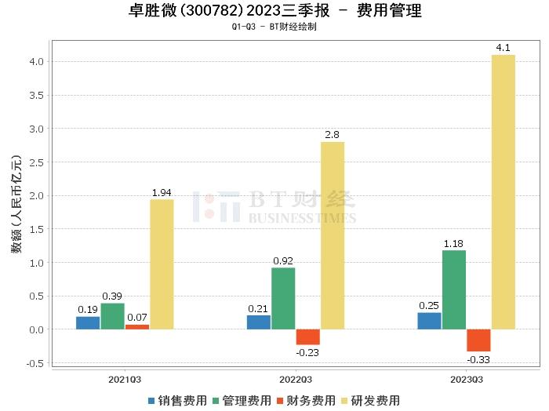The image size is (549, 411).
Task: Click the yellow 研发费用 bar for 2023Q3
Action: (x=503, y=192)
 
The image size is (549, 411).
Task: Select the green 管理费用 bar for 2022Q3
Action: (x=283, y=299)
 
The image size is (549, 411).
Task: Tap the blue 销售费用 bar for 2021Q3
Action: (x=88, y=323)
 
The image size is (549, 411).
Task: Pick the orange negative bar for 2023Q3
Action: (x=478, y=340)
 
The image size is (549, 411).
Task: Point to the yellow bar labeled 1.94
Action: (x=162, y=264)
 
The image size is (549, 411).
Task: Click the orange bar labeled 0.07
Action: (x=136, y=327)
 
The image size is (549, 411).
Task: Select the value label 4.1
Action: (x=503, y=49)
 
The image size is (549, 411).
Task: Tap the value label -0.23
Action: (x=307, y=352)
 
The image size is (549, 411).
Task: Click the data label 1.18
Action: (x=454, y=244)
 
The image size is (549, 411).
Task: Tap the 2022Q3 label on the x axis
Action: (x=296, y=379)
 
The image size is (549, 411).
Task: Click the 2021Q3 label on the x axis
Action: (x=125, y=379)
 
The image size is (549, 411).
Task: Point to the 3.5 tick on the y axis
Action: (x=35, y=95)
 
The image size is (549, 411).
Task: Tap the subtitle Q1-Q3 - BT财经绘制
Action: (x=274, y=27)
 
